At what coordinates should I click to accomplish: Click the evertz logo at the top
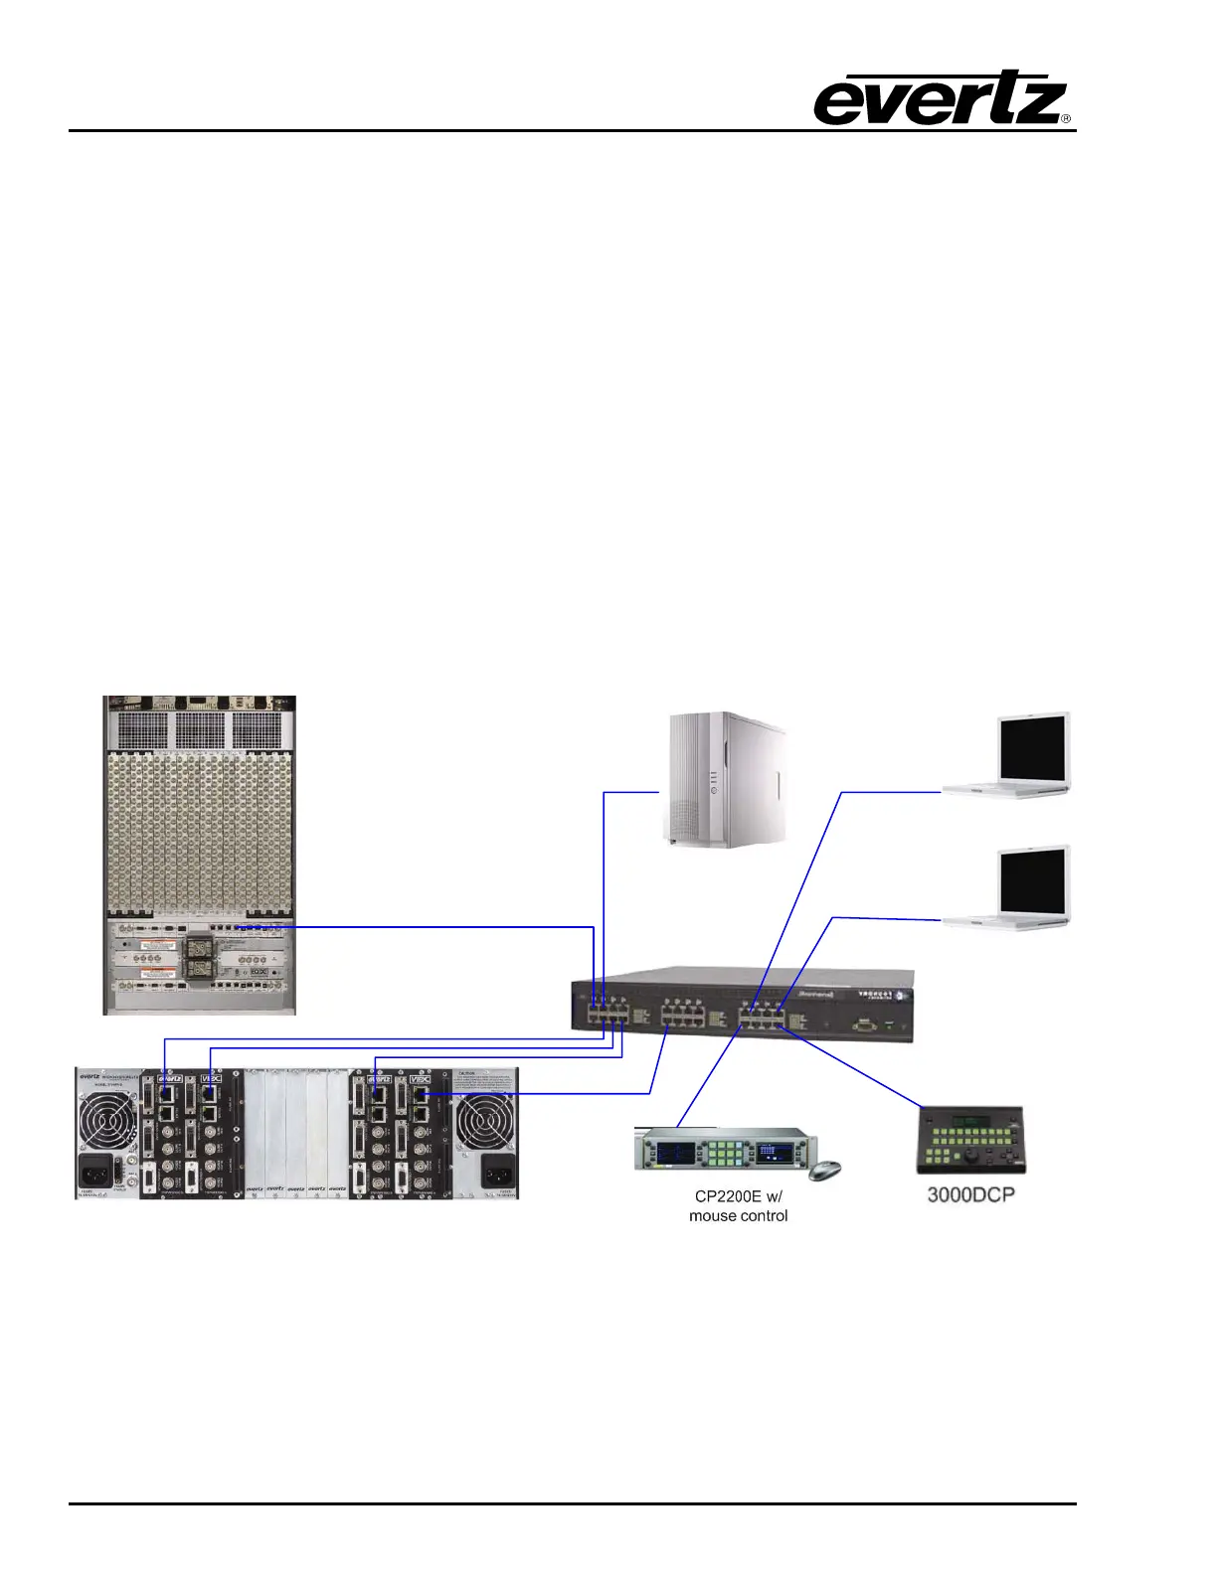coord(941,99)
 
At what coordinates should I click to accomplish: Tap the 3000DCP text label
coord(970,1194)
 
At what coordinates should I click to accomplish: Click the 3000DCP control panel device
coord(970,1141)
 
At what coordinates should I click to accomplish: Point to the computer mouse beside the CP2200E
coord(824,1170)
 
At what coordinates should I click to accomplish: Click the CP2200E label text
coord(738,1196)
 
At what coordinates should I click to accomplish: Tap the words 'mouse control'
coord(738,1215)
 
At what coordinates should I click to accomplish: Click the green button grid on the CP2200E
coord(727,1154)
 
